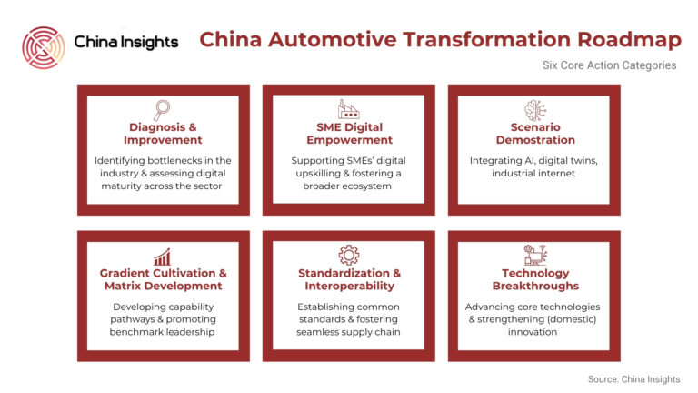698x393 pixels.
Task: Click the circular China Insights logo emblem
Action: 44,47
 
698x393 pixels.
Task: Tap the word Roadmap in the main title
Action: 630,40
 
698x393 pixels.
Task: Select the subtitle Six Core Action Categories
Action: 609,65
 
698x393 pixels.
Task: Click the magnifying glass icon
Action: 162,110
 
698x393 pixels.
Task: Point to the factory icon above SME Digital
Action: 349,109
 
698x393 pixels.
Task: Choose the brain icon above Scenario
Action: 535,110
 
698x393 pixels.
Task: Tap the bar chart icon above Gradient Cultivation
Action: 162,257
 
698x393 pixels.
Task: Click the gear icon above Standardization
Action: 349,256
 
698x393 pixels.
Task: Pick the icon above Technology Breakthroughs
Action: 535,256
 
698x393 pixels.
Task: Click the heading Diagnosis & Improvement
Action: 163,134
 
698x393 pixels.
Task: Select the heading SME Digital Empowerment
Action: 349,134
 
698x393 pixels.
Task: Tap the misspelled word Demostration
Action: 535,140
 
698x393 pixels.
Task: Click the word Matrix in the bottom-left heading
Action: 124,286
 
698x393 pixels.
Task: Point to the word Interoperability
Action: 349,286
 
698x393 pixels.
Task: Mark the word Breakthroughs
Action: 535,286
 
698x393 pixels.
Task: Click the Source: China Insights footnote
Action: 633,379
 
